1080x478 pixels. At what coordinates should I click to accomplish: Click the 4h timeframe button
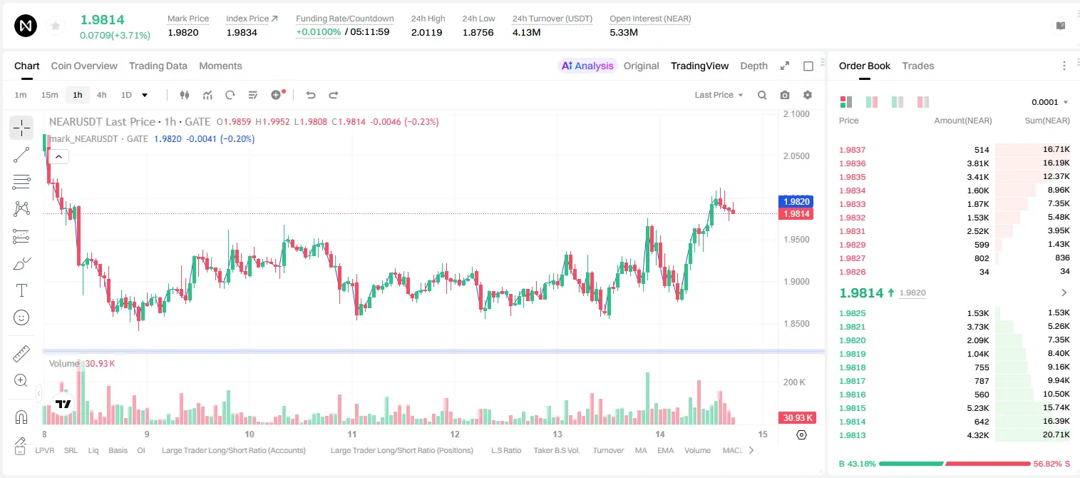101,95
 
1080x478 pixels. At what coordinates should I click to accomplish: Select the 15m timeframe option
50,95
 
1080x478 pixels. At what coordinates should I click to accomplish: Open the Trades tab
918,66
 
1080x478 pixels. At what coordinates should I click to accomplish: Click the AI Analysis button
587,66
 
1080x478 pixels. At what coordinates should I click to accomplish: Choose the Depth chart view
754,66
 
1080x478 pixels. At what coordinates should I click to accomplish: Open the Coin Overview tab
84,66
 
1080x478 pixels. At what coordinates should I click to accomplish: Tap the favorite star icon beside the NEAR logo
56,26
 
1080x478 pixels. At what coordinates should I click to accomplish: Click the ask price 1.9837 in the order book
852,150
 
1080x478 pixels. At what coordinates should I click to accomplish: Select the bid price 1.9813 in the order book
852,435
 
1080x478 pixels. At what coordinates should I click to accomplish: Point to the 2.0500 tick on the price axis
796,156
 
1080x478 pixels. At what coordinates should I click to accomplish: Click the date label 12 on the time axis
455,434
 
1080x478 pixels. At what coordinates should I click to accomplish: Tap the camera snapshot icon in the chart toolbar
785,95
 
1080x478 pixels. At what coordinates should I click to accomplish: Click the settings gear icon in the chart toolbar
808,95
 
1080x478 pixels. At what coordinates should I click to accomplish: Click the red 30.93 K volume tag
798,417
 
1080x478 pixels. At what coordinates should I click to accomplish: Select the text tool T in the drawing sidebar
21,290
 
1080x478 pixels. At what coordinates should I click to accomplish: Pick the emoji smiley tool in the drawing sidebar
21,317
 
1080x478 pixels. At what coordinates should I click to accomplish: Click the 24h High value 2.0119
427,32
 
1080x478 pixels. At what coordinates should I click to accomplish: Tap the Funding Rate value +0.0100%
318,32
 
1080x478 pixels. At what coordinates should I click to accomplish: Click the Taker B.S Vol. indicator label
556,450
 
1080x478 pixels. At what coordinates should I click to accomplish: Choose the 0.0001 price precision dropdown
1049,102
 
